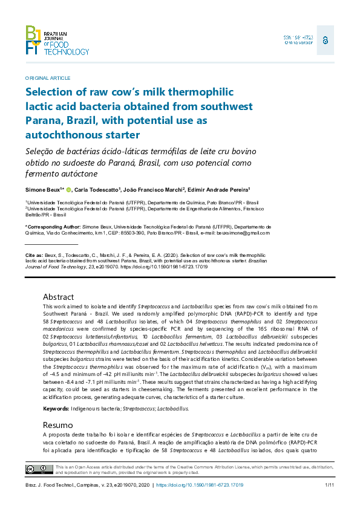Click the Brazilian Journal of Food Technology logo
pyautogui.click(x=57, y=41)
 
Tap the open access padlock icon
pyautogui.click(x=325, y=40)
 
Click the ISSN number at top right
pyautogui.click(x=298, y=37)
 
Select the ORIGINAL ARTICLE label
pyautogui.click(x=48, y=78)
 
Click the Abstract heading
pyautogui.click(x=59, y=297)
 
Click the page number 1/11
pyautogui.click(x=330, y=485)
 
